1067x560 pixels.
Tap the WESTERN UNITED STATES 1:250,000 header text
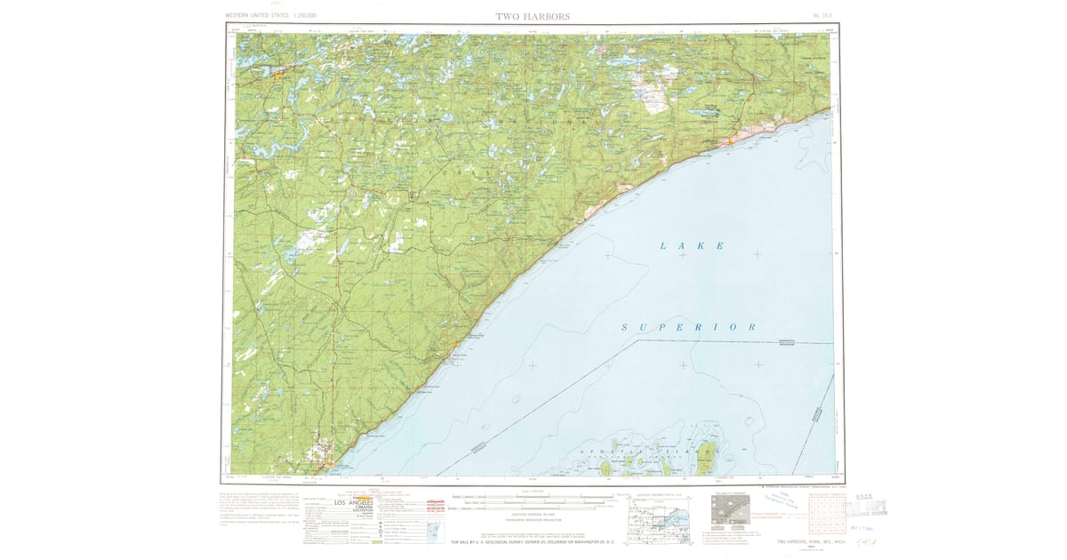click(x=271, y=16)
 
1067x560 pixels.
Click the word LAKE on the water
click(x=693, y=245)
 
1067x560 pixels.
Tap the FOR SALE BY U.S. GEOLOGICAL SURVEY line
click(x=533, y=541)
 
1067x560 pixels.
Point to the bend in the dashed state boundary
click(x=638, y=341)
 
